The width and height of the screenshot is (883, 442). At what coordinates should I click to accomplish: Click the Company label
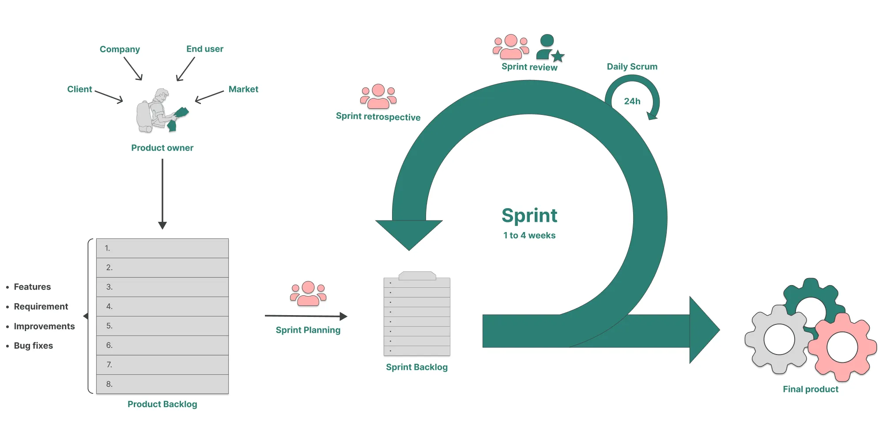point(120,49)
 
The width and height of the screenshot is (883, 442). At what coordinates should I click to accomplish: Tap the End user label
point(204,49)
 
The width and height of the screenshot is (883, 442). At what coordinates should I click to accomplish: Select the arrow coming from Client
point(109,97)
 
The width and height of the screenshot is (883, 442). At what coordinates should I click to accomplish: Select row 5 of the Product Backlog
point(162,326)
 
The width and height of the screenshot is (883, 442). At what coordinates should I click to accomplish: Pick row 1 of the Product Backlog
point(162,248)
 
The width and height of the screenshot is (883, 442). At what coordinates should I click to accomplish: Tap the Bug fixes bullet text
point(33,346)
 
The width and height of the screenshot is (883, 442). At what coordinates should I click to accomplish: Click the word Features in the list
point(32,287)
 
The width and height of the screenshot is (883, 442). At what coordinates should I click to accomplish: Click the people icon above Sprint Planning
point(308,293)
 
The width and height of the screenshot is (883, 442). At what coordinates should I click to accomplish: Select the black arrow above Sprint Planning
point(306,316)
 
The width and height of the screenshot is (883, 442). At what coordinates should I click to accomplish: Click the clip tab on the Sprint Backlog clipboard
point(417,276)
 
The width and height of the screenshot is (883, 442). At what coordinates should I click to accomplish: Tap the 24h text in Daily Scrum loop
point(632,101)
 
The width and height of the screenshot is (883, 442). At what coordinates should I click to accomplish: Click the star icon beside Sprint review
point(558,56)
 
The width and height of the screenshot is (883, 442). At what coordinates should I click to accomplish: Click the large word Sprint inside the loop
point(529,216)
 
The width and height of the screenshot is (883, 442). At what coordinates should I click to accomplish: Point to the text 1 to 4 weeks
point(529,236)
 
